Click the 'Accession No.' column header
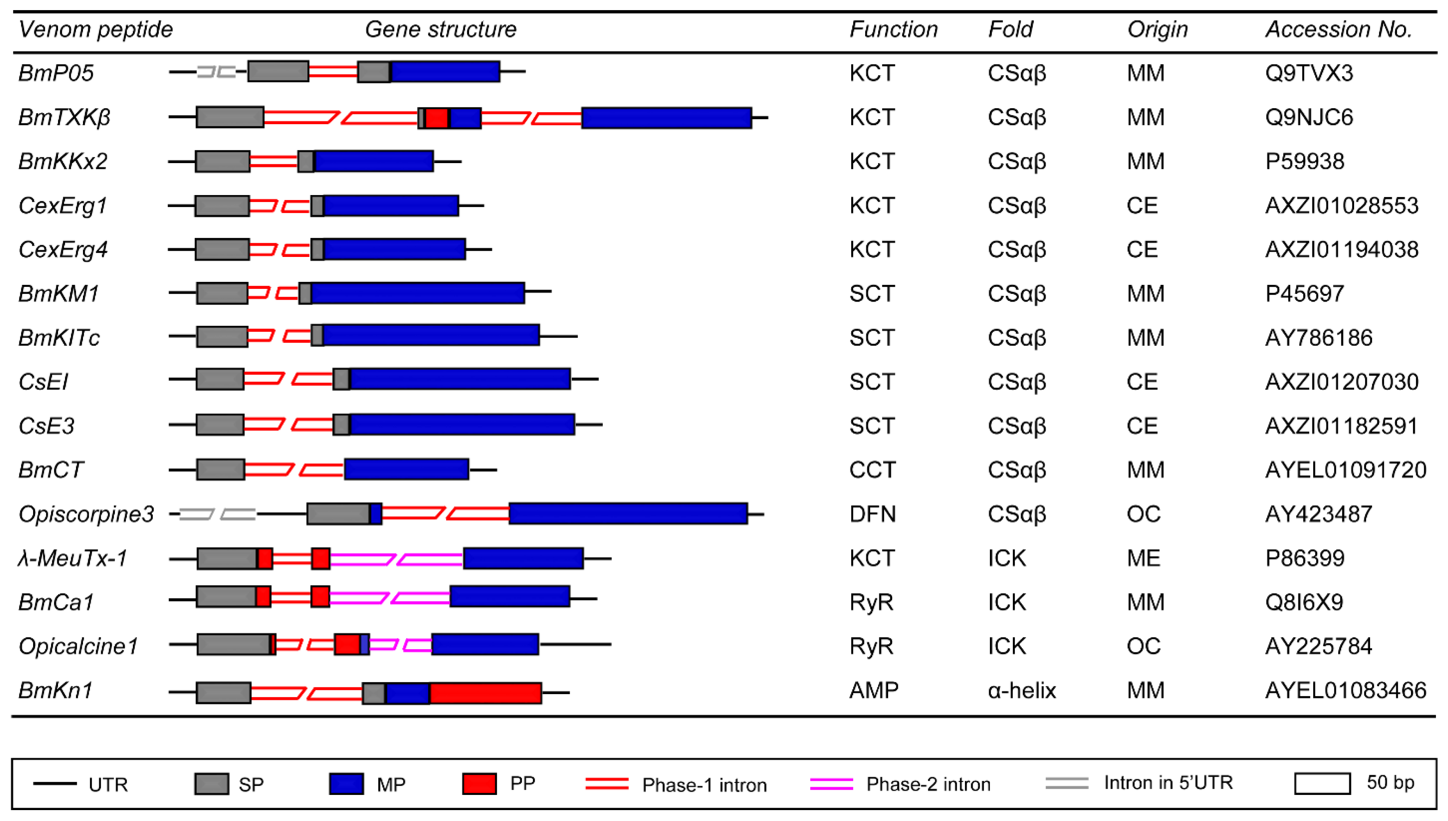(x=1338, y=29)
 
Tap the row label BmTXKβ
(x=64, y=117)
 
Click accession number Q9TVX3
(x=1309, y=73)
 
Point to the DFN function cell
(x=872, y=514)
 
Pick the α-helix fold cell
(x=1021, y=690)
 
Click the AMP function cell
(x=873, y=690)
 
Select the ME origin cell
(x=1143, y=558)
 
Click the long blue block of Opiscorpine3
(x=628, y=514)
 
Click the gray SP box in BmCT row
(x=220, y=470)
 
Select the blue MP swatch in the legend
(x=346, y=784)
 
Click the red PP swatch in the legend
(x=479, y=784)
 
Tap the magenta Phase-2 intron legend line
(x=831, y=784)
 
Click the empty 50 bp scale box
(x=1322, y=784)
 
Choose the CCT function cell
(x=872, y=470)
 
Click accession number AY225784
(x=1318, y=646)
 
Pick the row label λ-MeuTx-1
(x=72, y=558)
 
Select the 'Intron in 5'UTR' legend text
(x=1168, y=783)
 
